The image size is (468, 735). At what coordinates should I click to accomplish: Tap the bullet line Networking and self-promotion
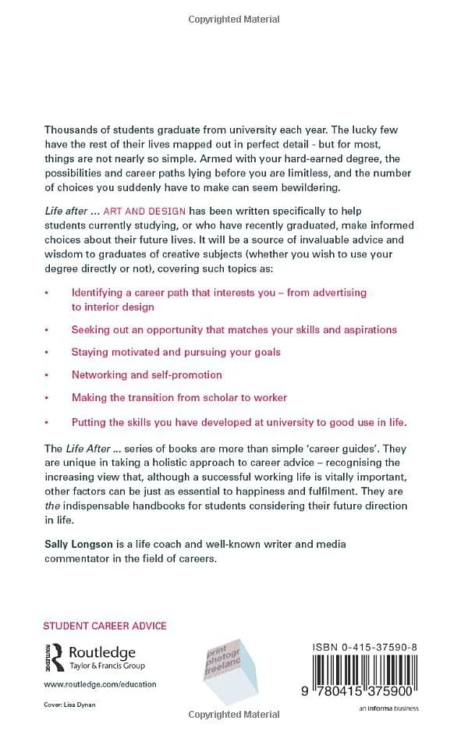pos(147,375)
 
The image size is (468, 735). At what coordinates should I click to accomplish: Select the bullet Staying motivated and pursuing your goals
pos(175,352)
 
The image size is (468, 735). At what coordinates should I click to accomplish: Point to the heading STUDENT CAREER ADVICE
pos(105,626)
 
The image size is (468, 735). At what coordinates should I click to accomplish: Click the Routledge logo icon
pos(54,658)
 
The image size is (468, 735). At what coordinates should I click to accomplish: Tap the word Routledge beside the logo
pos(102,653)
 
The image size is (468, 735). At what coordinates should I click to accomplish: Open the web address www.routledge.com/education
pos(100,684)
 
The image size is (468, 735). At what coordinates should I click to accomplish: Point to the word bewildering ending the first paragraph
pos(317,187)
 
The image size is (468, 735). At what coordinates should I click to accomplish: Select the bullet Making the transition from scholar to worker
pos(179,397)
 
